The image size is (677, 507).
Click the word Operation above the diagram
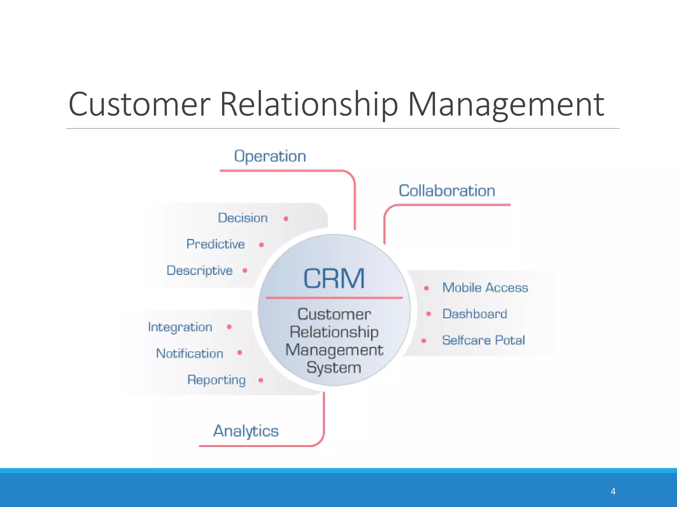[270, 156]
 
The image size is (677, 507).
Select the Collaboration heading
[447, 191]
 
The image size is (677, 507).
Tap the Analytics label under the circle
[246, 431]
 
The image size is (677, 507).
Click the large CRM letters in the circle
[334, 279]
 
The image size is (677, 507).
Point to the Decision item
[243, 218]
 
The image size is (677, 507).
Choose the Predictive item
[216, 244]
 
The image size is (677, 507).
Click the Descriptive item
[200, 271]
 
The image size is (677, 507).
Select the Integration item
[180, 327]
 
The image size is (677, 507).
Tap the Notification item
[189, 354]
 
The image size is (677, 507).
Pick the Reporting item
[216, 380]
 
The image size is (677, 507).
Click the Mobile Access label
[485, 288]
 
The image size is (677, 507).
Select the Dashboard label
[474, 314]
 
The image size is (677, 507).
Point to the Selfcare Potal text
[483, 340]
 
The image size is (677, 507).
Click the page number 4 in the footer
[613, 491]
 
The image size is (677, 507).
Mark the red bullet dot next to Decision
[286, 219]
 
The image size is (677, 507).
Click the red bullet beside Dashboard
[428, 314]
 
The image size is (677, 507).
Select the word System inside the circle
[334, 368]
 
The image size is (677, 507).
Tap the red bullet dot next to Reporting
[260, 380]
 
